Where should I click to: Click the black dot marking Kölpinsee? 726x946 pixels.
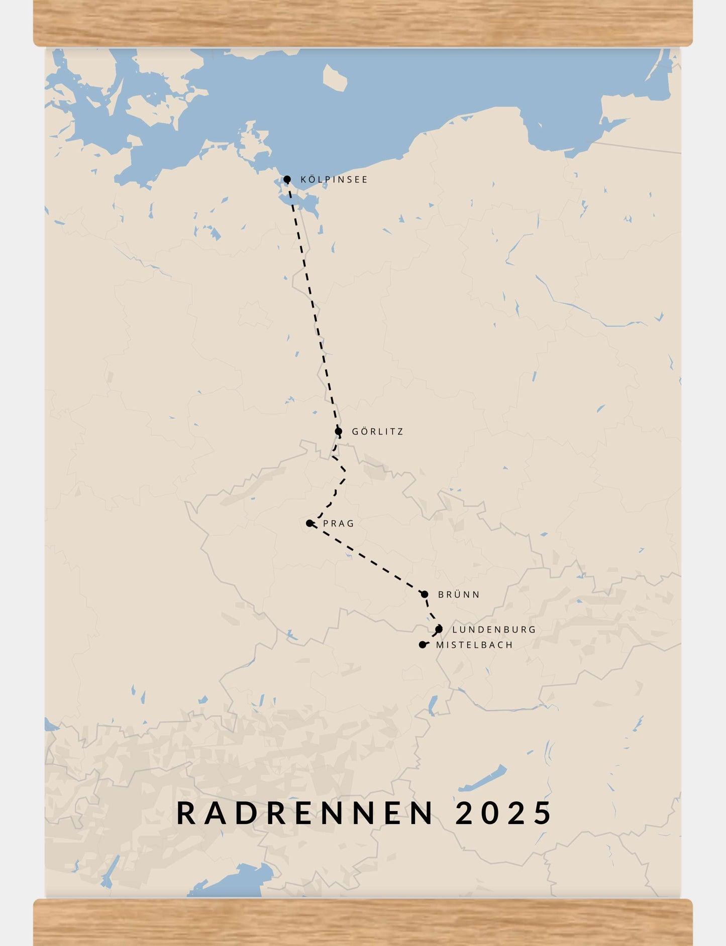pos(287,179)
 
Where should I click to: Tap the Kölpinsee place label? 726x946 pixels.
pos(334,180)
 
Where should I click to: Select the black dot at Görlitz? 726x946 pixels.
pos(339,431)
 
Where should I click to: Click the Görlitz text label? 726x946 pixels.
pos(377,432)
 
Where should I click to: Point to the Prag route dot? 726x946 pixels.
pos(309,523)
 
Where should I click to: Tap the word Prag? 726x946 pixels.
pos(339,524)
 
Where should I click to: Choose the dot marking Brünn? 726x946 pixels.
pos(425,595)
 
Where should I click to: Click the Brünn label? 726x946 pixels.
pos(459,595)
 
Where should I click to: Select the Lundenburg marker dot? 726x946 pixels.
pos(439,629)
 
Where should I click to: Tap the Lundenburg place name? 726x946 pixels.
pos(494,630)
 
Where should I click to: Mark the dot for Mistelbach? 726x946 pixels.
pos(423,645)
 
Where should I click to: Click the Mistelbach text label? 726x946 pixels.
pos(474,645)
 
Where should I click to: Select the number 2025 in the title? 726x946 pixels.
pos(503,813)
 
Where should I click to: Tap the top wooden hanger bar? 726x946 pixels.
pos(363,23)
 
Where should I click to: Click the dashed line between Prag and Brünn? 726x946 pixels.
pos(367,559)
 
